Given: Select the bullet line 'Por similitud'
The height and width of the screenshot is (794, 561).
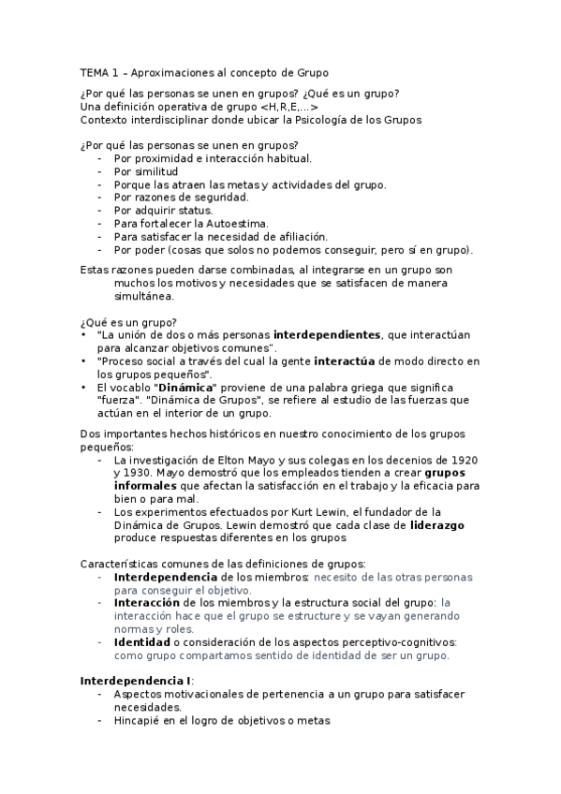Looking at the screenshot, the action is [x=145, y=171].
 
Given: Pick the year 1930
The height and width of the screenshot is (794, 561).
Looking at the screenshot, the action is [x=129, y=474].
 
